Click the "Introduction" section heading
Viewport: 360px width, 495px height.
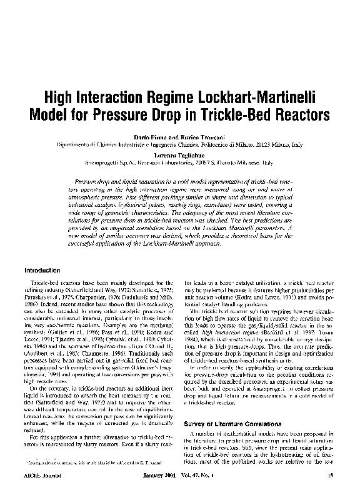(x=42, y=271)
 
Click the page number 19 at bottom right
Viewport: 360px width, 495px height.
(x=331, y=475)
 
